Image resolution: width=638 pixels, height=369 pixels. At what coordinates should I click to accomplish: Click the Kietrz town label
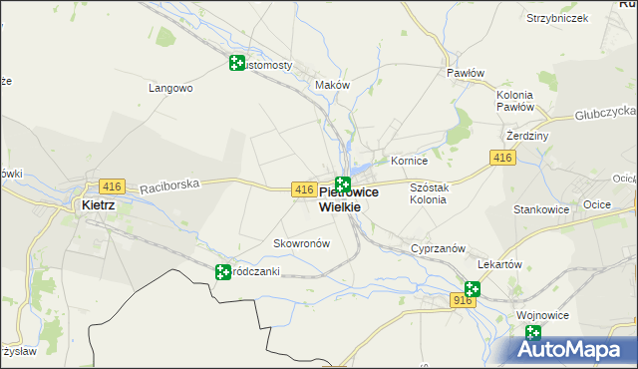tap(98, 205)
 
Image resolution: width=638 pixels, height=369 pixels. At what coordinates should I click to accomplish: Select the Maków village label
tap(333, 86)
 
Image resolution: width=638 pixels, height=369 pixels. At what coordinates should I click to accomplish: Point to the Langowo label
tap(169, 88)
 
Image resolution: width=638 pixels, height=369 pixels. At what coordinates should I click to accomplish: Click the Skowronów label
tap(301, 243)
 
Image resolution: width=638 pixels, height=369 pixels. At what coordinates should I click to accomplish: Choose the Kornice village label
tap(409, 161)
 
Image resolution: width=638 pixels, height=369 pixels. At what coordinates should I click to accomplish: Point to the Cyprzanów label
tap(433, 248)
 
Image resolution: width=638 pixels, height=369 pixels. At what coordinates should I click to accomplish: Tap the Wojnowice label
tap(543, 315)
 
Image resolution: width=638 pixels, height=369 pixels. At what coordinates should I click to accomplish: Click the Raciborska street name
tap(170, 184)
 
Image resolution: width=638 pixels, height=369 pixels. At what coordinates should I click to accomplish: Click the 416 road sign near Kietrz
tap(112, 186)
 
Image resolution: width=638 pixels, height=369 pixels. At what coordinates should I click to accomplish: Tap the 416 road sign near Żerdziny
tap(501, 158)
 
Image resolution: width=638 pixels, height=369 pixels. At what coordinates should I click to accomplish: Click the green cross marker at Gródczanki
tap(223, 271)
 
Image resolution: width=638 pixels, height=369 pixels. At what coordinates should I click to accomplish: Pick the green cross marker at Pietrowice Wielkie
tap(343, 184)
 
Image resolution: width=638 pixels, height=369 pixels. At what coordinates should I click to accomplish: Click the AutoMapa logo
tap(572, 350)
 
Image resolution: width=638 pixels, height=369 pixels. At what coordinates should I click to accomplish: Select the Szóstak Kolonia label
tap(429, 193)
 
